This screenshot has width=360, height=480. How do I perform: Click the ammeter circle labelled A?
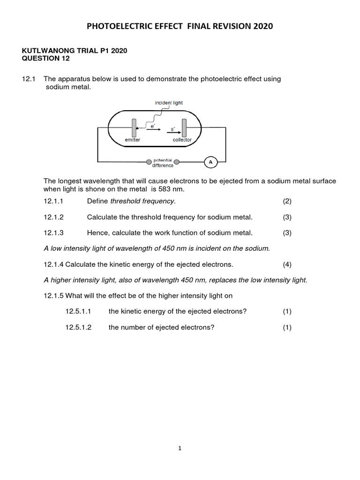(210, 162)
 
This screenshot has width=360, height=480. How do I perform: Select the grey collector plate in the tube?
(184, 127)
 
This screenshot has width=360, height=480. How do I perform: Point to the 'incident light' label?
(169, 103)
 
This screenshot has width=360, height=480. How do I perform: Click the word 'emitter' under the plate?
(133, 140)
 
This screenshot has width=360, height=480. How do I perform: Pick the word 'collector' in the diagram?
(182, 140)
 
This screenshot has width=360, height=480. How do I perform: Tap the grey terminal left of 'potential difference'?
(149, 162)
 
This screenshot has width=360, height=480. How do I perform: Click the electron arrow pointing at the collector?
(173, 132)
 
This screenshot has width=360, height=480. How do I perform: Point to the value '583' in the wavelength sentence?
(166, 189)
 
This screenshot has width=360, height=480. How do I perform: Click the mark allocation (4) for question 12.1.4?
(287, 264)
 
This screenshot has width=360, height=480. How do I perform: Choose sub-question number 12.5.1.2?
(78, 327)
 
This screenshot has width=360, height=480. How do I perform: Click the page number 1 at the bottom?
(180, 448)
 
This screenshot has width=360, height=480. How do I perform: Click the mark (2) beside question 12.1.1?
(287, 201)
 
